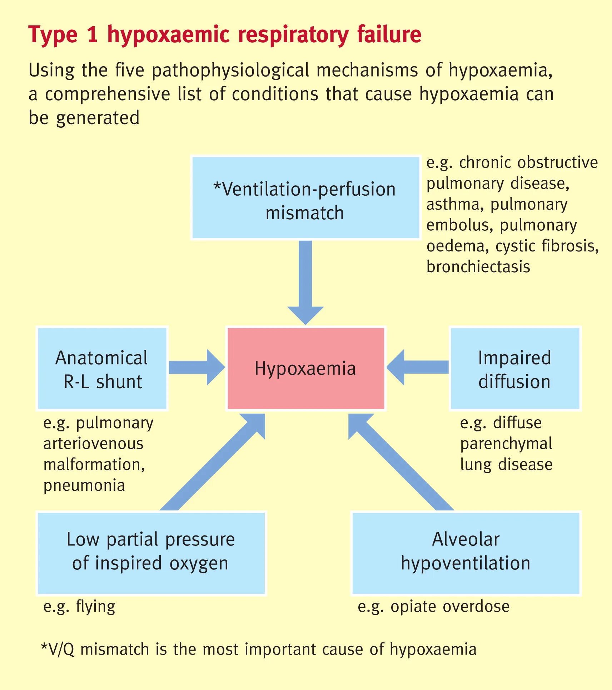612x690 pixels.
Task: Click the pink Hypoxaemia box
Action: [306, 368]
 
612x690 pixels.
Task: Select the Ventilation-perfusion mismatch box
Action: [305, 197]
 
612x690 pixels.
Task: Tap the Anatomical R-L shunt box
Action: [102, 368]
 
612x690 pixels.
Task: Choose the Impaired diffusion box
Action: [515, 368]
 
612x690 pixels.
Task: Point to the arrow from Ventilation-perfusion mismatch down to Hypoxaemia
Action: [305, 279]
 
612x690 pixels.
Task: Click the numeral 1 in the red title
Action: [92, 35]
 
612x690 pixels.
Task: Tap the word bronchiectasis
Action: [478, 267]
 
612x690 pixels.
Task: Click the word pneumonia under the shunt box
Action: [84, 486]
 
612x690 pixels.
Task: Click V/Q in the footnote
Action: [61, 650]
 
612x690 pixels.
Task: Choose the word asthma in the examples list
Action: [453, 205]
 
